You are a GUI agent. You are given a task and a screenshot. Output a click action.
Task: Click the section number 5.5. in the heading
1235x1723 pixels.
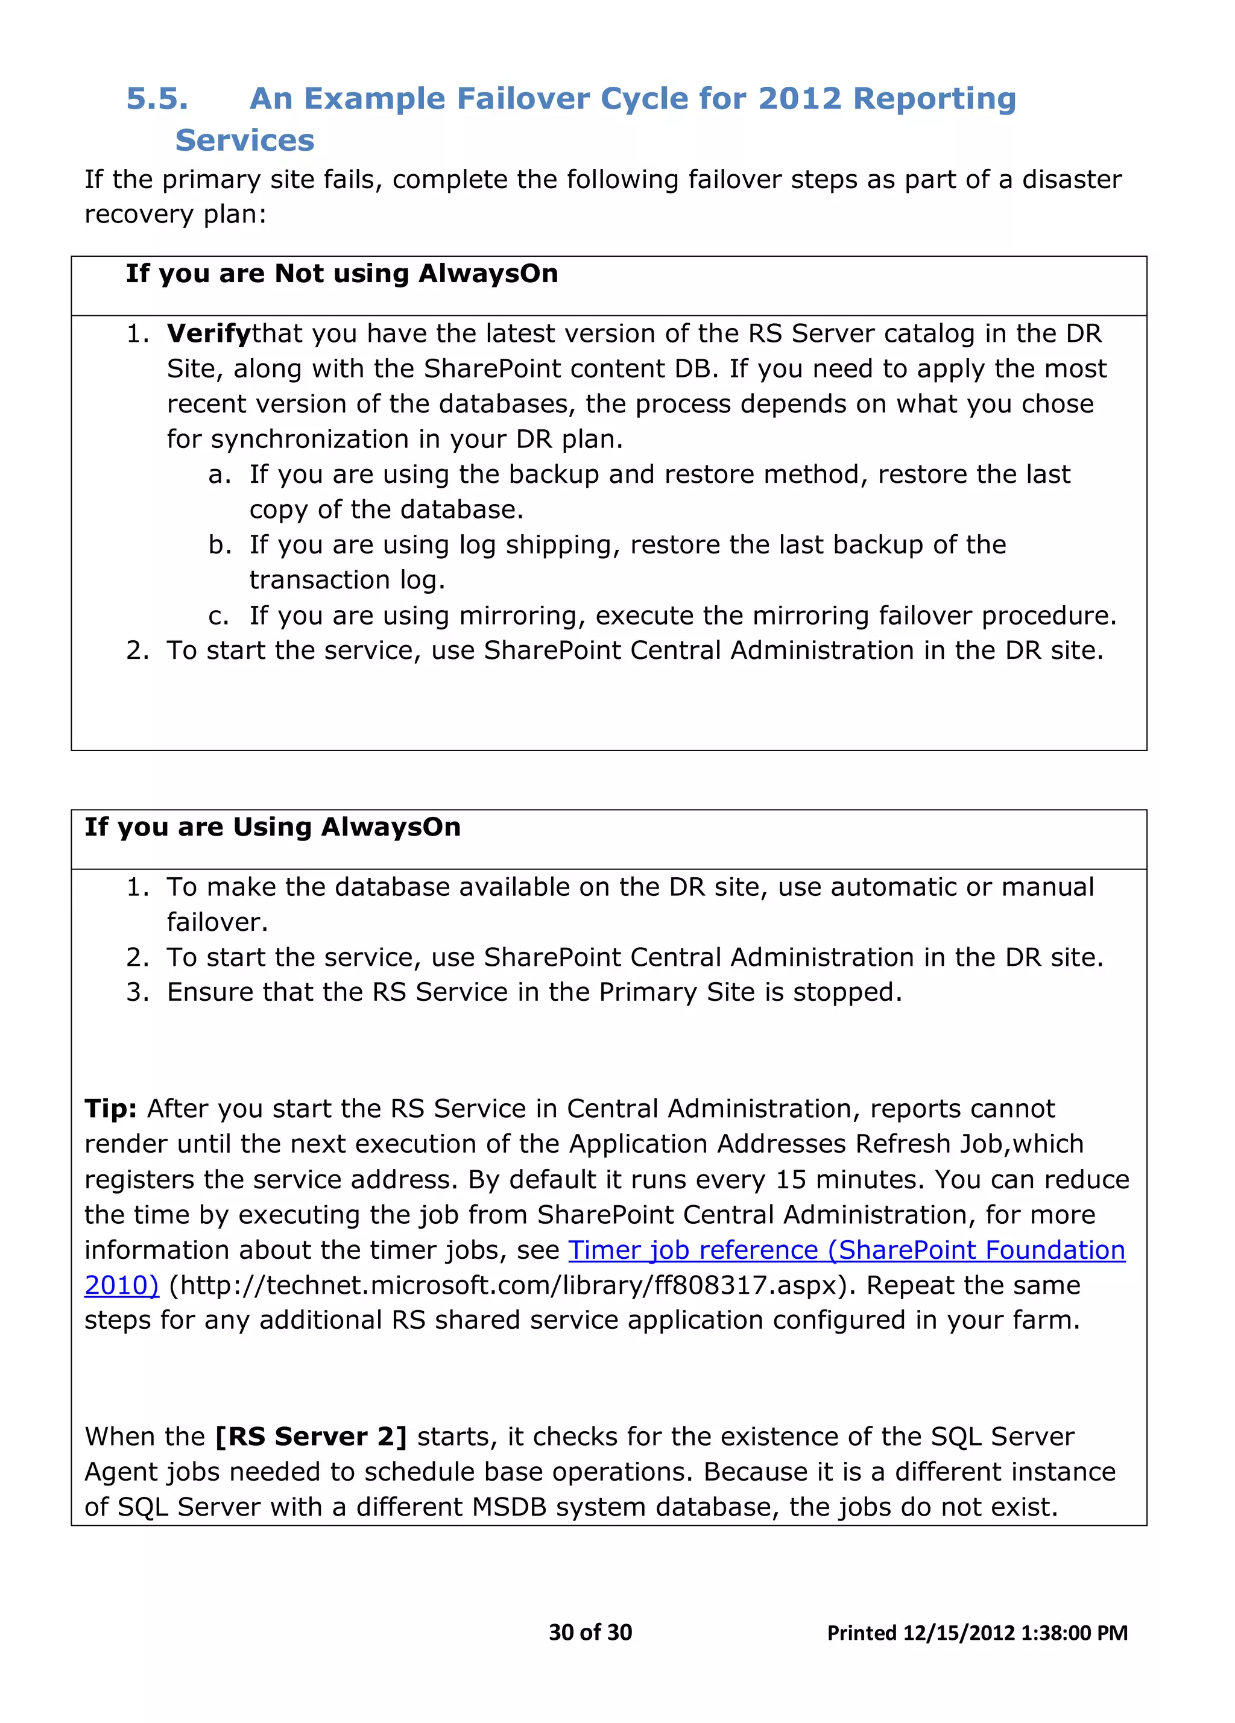click(x=157, y=99)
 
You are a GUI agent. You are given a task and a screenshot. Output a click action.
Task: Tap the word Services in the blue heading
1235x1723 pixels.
click(x=244, y=140)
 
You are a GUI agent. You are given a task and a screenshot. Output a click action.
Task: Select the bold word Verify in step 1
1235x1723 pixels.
click(x=208, y=333)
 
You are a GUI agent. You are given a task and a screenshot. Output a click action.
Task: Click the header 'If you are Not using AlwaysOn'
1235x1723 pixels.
click(x=341, y=274)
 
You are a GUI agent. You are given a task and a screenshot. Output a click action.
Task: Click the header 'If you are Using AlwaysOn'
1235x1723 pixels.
click(x=272, y=827)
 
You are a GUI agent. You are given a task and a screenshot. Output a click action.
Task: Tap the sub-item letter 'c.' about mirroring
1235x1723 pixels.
click(x=218, y=616)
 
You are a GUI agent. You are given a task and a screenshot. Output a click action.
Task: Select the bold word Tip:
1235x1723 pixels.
click(x=110, y=1109)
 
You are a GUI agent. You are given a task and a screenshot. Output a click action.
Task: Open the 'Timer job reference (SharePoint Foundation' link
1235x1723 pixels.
click(x=846, y=1250)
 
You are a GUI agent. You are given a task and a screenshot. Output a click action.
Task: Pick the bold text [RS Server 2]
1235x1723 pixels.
click(x=311, y=1437)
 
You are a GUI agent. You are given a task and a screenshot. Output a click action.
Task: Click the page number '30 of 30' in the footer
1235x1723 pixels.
click(x=590, y=1632)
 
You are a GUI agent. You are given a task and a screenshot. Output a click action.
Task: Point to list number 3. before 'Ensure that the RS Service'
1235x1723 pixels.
click(x=137, y=993)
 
